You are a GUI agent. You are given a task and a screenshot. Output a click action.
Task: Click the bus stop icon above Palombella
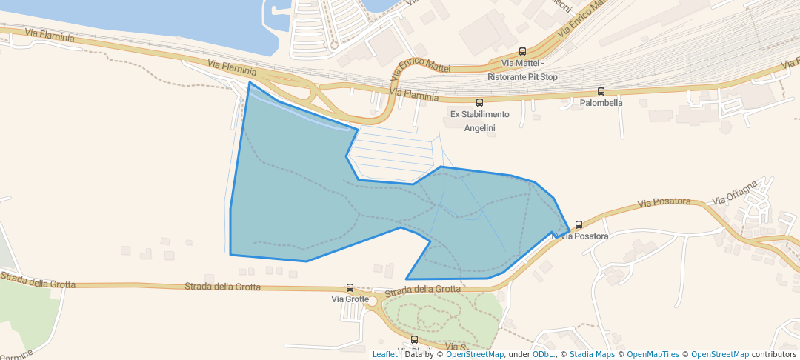pos(601,92)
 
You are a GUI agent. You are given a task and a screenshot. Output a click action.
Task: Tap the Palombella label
pos(601,103)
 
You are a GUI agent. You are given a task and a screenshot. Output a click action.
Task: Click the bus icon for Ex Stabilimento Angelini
pos(479,103)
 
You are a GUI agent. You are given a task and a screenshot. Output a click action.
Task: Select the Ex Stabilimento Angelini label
pos(480,121)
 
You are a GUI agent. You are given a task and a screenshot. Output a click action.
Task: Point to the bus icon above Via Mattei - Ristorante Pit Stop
pos(523,52)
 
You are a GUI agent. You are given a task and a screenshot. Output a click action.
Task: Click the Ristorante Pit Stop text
pos(522,77)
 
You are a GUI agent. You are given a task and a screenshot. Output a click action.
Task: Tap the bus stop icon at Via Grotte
pos(350,287)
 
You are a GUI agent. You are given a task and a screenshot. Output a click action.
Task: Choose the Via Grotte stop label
pos(350,299)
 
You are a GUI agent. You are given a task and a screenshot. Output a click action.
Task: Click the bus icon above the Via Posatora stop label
pos(579,224)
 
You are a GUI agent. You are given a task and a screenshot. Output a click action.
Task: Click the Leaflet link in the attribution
pos(384,354)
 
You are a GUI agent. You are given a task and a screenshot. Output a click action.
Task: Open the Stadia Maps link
pos(590,354)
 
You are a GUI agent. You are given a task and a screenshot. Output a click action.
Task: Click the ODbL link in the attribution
pos(544,354)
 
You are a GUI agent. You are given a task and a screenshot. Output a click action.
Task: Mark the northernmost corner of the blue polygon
pos(250,82)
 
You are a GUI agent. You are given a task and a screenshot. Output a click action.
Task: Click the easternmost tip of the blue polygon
pos(569,232)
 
